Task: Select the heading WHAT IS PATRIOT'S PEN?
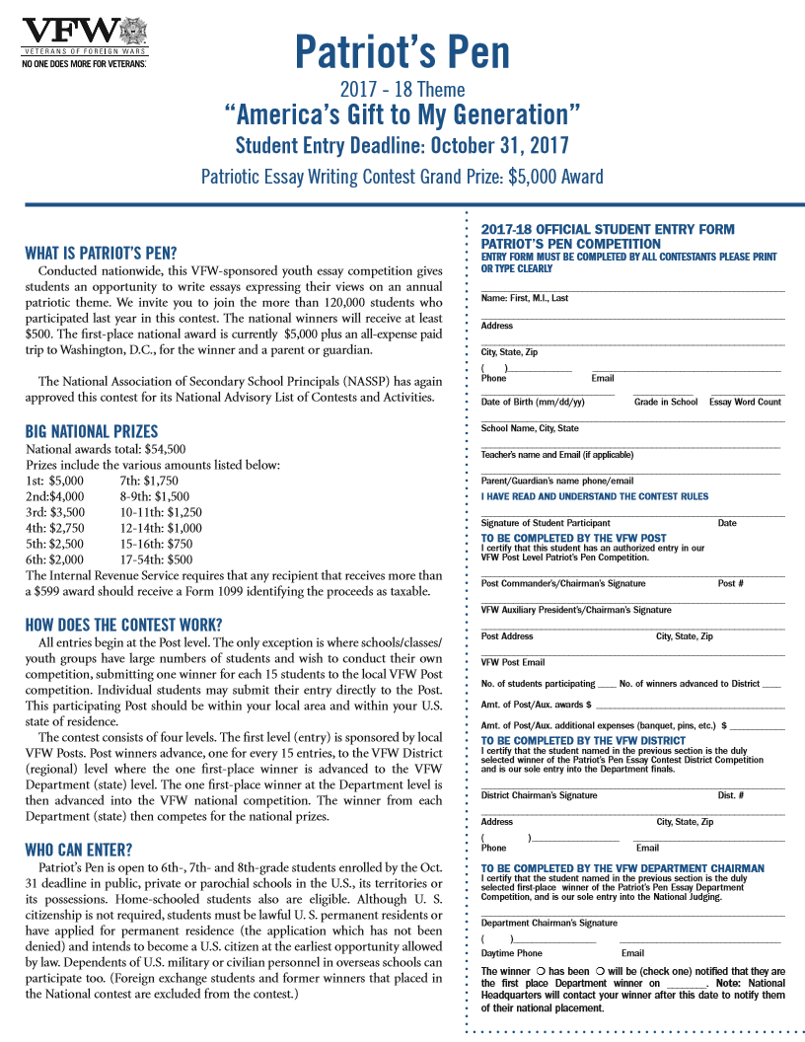coord(101,253)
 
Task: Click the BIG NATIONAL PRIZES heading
coord(91,431)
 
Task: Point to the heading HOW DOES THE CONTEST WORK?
coord(123,625)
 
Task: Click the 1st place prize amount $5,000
coord(67,481)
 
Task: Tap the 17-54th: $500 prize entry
coord(156,559)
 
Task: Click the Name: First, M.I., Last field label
coord(524,298)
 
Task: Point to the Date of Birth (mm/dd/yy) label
coord(533,402)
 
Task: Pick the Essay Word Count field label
coord(745,402)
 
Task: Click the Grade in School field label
coord(665,402)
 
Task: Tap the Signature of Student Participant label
coord(546,523)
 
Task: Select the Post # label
coord(730,583)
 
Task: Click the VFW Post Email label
coord(513,662)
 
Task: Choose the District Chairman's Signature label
coord(539,795)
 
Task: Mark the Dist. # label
coord(730,795)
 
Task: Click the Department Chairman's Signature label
coord(549,923)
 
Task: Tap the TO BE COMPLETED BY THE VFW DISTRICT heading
coord(583,740)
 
